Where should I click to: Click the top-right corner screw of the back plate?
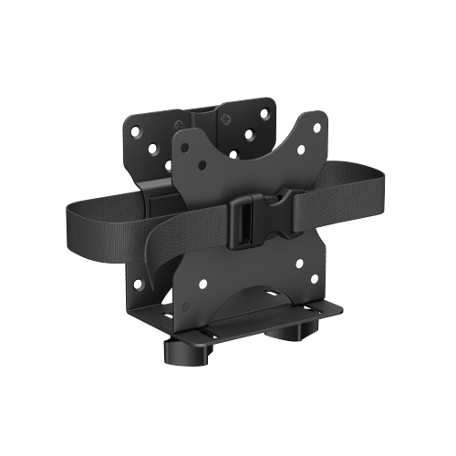(x=264, y=111)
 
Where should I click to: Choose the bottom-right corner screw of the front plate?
(x=315, y=277)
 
